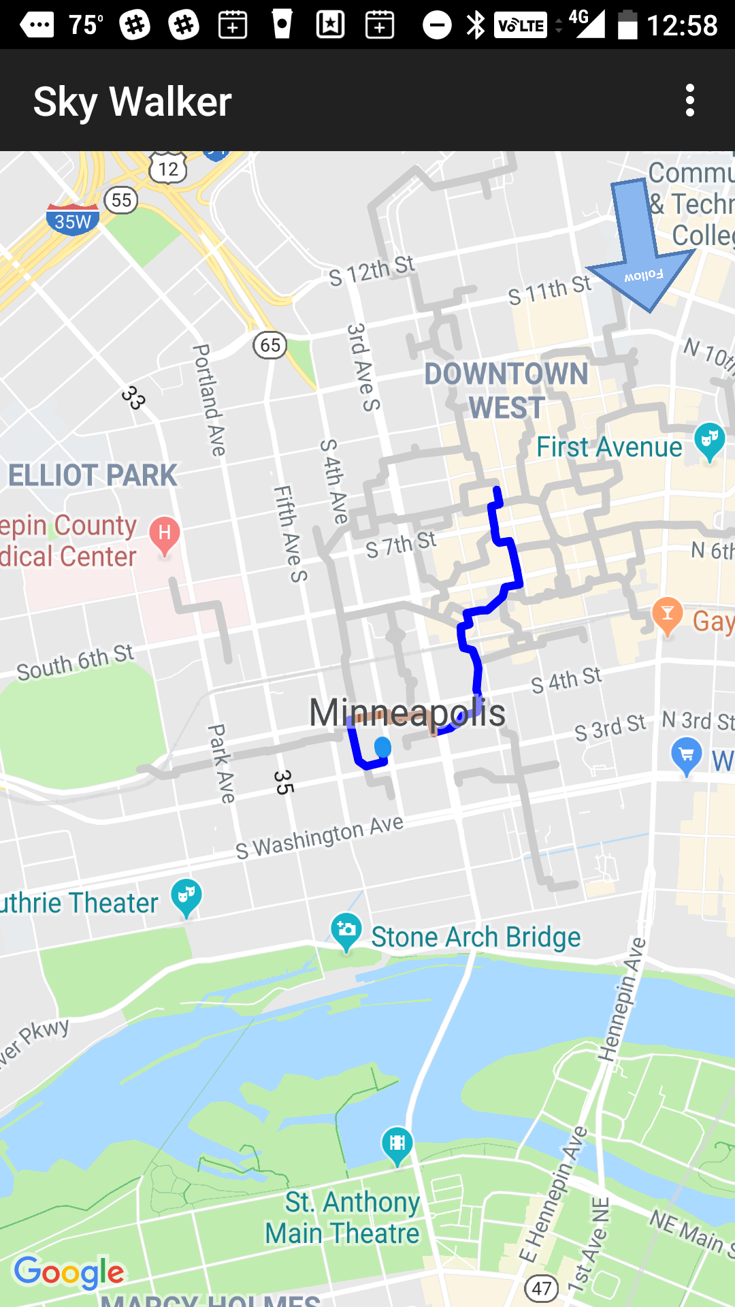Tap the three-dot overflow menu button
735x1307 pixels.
pos(690,101)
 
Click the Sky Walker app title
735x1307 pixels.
pos(133,102)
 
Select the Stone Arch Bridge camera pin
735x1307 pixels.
pos(346,931)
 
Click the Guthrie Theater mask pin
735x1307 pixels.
pos(186,897)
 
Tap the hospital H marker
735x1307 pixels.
pos(164,534)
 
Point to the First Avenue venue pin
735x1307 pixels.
pos(709,440)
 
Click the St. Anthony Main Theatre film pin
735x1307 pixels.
pos(397,1144)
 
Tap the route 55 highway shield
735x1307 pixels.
pos(122,200)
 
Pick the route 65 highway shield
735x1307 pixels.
pos(270,345)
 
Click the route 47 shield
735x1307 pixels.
pos(542,1288)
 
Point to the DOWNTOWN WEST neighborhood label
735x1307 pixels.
pos(506,391)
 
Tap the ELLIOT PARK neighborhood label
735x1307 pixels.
pos(93,475)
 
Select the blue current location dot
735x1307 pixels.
pos(383,747)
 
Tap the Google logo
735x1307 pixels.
pos(69,1272)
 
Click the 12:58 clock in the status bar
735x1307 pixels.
pos(681,25)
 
